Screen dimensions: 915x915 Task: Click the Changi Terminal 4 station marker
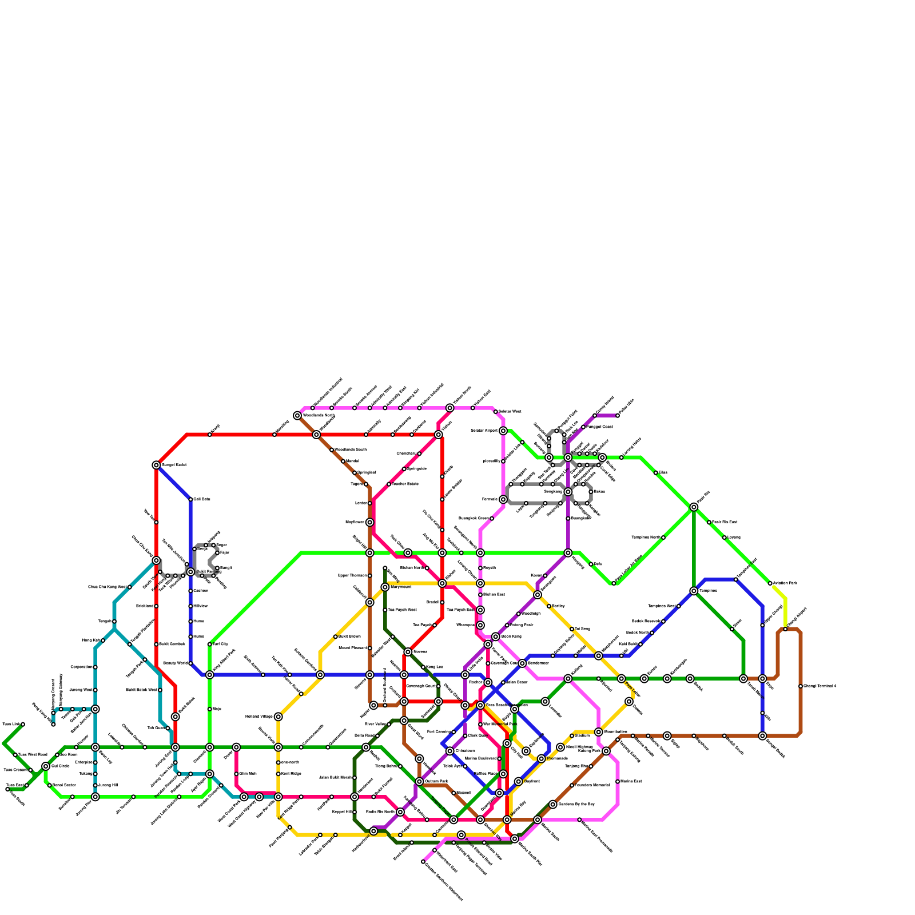[x=801, y=686]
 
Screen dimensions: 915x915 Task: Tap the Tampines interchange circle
[x=694, y=591]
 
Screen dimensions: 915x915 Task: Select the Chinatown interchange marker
[x=450, y=751]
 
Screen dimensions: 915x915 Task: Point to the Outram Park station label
[x=436, y=782]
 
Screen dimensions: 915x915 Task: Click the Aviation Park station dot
[x=770, y=583]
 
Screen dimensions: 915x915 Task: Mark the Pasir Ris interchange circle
[x=694, y=507]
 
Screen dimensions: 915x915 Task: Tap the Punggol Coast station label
[x=599, y=427]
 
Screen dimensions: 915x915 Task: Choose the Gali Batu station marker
[x=190, y=499]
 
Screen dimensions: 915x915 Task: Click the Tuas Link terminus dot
[x=23, y=725]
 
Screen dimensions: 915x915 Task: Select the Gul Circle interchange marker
[x=46, y=766]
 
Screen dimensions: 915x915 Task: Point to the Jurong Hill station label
[x=108, y=785]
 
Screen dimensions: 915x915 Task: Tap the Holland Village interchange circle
[x=279, y=717]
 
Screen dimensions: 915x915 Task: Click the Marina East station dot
[x=618, y=782]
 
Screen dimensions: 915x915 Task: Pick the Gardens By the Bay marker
[x=553, y=805]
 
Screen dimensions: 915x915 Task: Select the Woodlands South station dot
[x=332, y=450]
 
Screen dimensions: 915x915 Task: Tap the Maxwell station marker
[x=453, y=793]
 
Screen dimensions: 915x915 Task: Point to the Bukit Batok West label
[x=141, y=690]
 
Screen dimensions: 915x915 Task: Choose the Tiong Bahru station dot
[x=400, y=766]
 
